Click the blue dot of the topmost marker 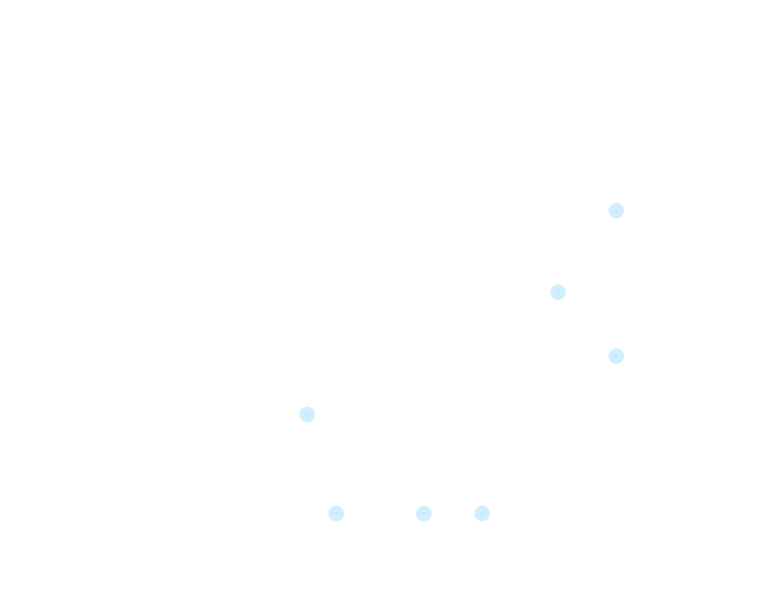coord(616,211)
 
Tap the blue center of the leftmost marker coord(307,415)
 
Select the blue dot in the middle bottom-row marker coord(424,514)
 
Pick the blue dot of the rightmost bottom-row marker coord(482,514)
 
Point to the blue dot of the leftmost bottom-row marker coord(336,514)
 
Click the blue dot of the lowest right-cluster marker coord(616,356)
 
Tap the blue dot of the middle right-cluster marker coord(558,292)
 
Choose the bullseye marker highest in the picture coord(616,211)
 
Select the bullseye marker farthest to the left coord(307,415)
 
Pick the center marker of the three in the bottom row coord(424,514)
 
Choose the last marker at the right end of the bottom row coord(482,514)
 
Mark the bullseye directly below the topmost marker coord(616,356)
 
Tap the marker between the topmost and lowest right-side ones coord(558,292)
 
